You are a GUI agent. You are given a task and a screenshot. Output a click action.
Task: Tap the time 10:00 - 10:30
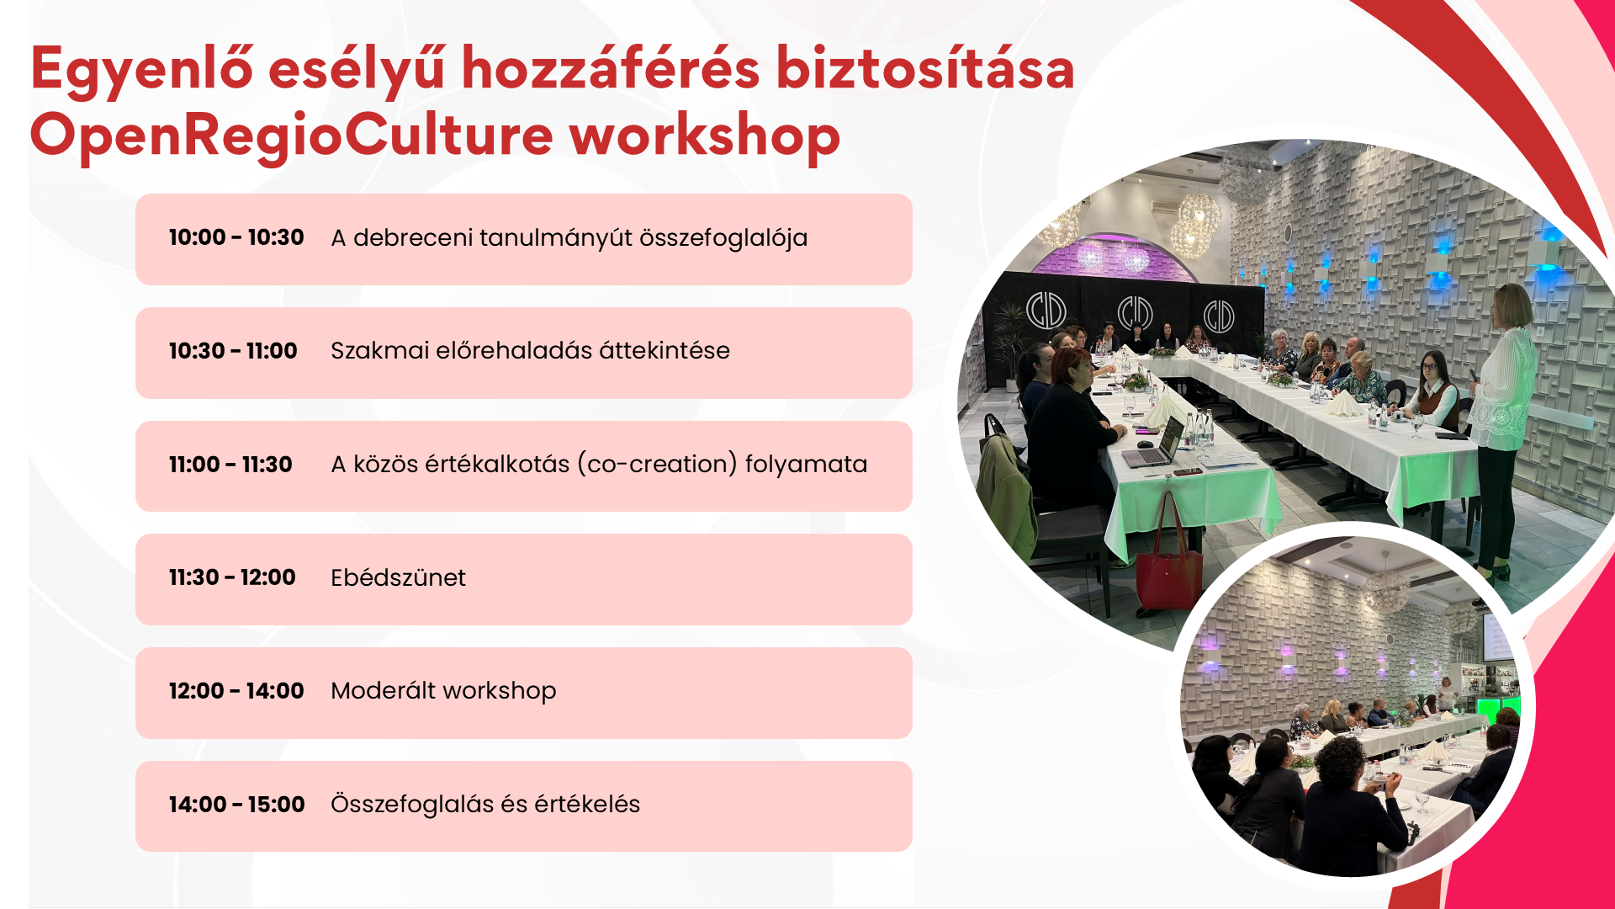click(236, 238)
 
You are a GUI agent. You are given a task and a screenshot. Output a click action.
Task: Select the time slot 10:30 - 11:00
click(233, 351)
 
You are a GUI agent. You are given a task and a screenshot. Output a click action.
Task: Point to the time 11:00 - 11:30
click(230, 465)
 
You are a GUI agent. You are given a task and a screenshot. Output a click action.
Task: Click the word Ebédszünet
click(398, 577)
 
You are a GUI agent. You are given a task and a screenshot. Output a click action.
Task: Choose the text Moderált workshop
click(443, 691)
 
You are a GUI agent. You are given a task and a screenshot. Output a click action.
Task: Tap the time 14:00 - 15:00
click(237, 805)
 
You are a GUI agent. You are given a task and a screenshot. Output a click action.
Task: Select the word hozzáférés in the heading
click(611, 69)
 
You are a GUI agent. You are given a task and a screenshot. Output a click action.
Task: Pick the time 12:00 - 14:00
click(236, 691)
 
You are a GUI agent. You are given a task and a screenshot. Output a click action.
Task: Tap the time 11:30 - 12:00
click(232, 577)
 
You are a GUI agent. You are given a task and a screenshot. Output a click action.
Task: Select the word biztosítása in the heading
click(925, 69)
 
